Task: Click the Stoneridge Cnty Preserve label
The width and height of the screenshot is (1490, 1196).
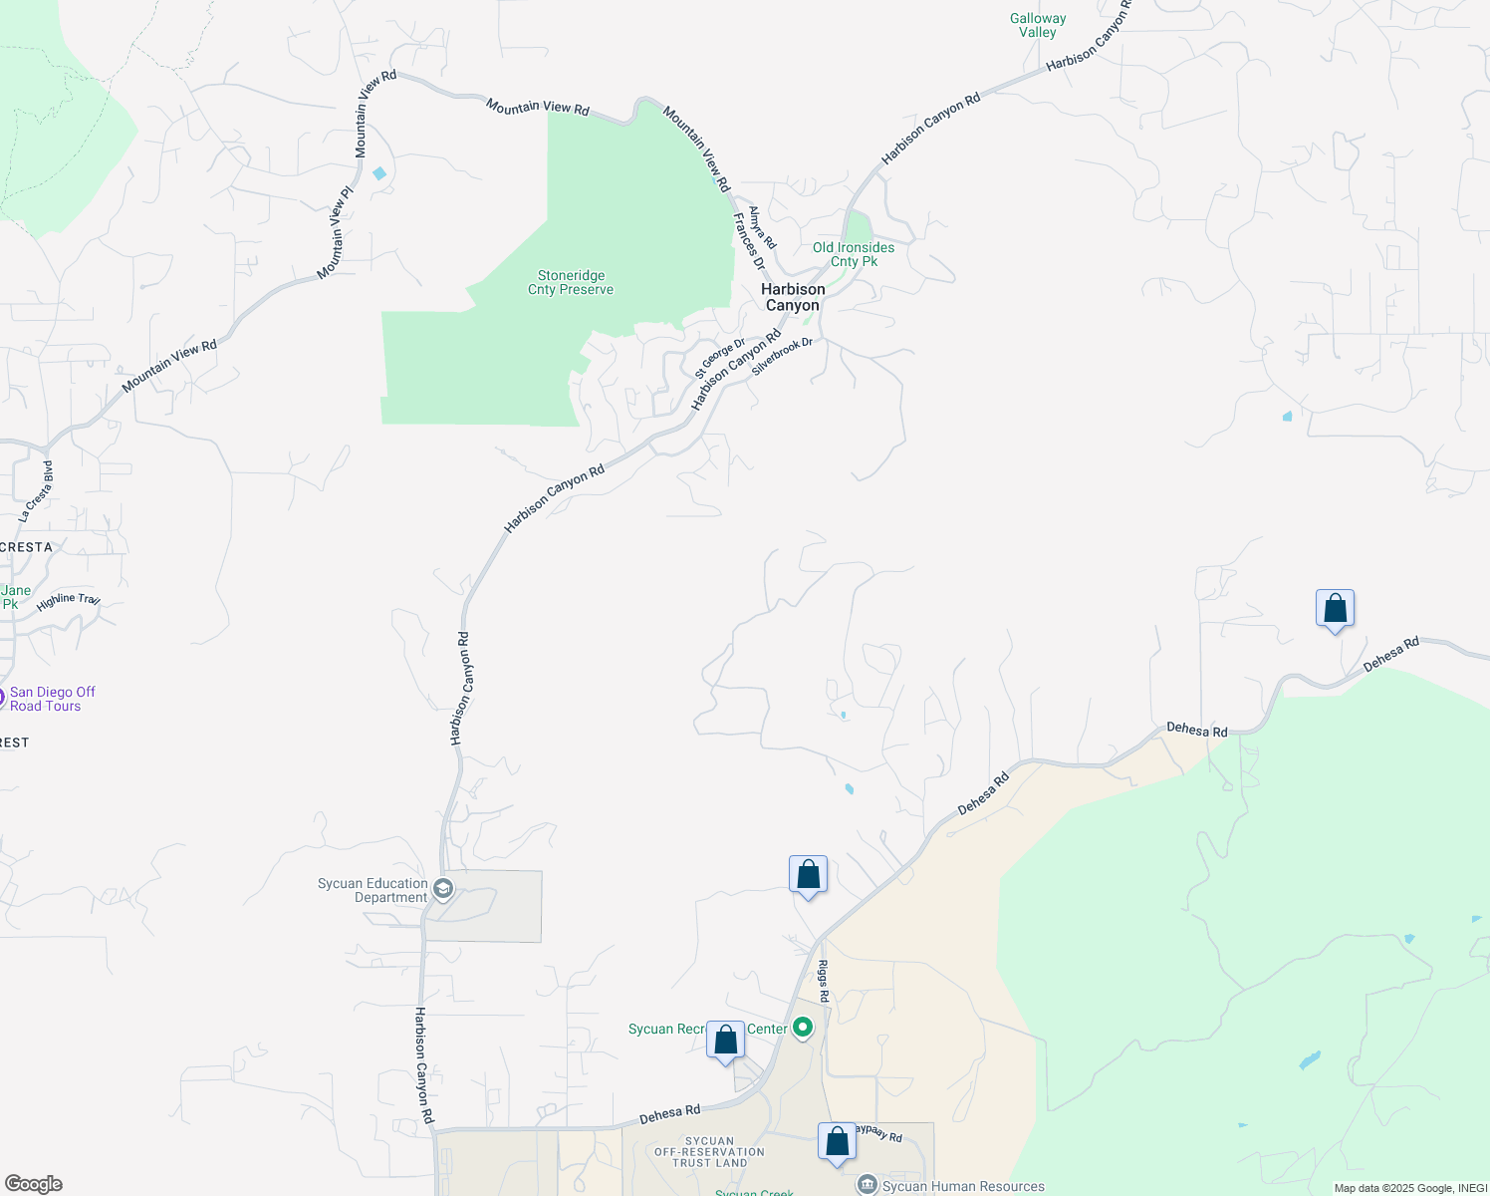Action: pyautogui.click(x=571, y=283)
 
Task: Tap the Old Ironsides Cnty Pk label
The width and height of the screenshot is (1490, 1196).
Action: pyautogui.click(x=854, y=254)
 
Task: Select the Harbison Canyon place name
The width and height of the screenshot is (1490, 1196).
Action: pyautogui.click(x=793, y=297)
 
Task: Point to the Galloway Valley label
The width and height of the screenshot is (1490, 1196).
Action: pyautogui.click(x=1038, y=25)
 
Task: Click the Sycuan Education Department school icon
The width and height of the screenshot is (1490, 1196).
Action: pyautogui.click(x=443, y=888)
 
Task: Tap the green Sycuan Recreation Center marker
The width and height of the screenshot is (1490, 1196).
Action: pyautogui.click(x=803, y=1029)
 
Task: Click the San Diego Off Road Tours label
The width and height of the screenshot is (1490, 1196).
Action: pyautogui.click(x=52, y=699)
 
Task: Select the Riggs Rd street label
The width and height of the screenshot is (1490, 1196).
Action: pyautogui.click(x=824, y=981)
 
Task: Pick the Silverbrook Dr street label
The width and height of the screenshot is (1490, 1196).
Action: pyautogui.click(x=782, y=357)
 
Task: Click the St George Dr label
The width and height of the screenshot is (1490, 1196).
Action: pyautogui.click(x=719, y=358)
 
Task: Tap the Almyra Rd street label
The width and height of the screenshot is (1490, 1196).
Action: pyautogui.click(x=762, y=228)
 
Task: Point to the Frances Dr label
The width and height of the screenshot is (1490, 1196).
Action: pyautogui.click(x=749, y=241)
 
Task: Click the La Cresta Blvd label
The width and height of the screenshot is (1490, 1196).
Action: pyautogui.click(x=37, y=491)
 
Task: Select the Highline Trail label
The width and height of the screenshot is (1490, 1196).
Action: pyautogui.click(x=69, y=601)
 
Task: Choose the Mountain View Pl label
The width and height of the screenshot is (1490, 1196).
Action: pyautogui.click(x=336, y=233)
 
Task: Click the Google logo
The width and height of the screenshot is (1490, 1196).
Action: pyautogui.click(x=33, y=1184)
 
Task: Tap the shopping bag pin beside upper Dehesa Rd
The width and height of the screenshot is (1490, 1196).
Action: pyautogui.click(x=1335, y=608)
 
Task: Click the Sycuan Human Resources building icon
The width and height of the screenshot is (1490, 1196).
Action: pyautogui.click(x=868, y=1185)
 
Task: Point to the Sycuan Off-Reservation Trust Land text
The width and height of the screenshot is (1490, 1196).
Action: pyautogui.click(x=709, y=1152)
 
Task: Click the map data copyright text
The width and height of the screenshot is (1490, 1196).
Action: pyautogui.click(x=1410, y=1188)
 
